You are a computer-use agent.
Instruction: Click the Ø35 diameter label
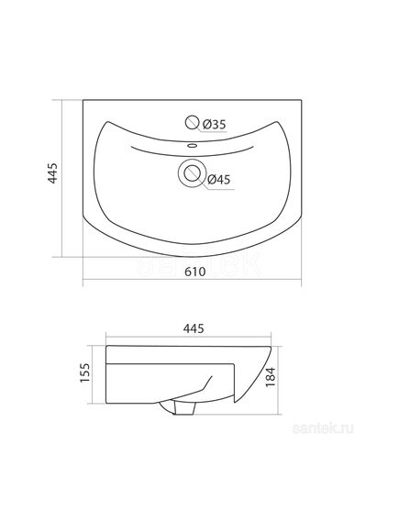(x=214, y=125)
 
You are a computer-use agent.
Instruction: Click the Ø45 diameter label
(x=218, y=180)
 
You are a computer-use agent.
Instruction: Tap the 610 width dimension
(x=195, y=272)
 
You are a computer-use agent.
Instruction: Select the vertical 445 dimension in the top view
(x=53, y=173)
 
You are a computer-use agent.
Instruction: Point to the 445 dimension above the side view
(x=194, y=328)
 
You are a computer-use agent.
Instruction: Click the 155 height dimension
(x=85, y=372)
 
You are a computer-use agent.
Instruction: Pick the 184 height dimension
(x=271, y=376)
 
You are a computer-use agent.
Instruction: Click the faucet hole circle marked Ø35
(x=192, y=122)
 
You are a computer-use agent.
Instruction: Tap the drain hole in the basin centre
(x=192, y=172)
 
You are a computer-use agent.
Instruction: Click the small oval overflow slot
(x=192, y=145)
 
